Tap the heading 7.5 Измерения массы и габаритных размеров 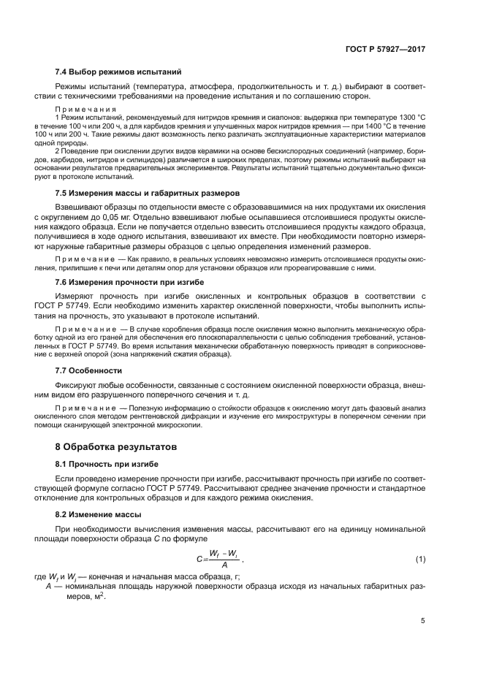tap(147, 194)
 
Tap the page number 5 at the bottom tap(423, 621)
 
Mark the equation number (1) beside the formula tap(420, 560)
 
